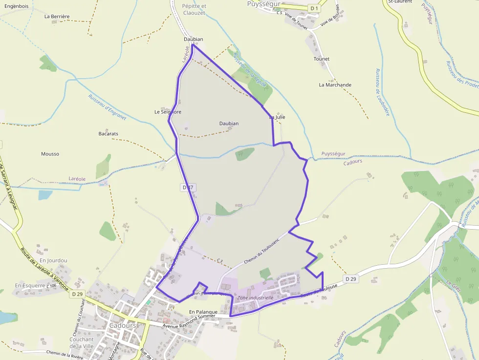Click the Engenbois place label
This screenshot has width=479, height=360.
click(16, 6)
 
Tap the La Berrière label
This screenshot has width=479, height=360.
click(57, 16)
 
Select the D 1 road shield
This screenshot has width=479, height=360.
click(314, 8)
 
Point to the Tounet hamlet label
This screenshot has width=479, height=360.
click(322, 59)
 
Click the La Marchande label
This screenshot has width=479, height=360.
click(335, 85)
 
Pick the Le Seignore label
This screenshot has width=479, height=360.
click(168, 112)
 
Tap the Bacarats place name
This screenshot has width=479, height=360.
click(108, 134)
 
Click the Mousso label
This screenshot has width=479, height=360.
click(50, 154)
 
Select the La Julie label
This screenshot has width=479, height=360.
click(277, 117)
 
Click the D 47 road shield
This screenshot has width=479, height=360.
click(189, 188)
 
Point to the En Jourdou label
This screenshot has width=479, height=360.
click(53, 261)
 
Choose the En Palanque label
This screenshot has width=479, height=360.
click(203, 312)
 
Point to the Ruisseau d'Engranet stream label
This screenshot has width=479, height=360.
click(107, 107)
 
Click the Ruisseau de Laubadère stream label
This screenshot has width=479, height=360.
click(382, 92)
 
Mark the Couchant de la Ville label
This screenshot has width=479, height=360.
click(81, 343)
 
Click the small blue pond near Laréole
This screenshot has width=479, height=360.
click(45, 195)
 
